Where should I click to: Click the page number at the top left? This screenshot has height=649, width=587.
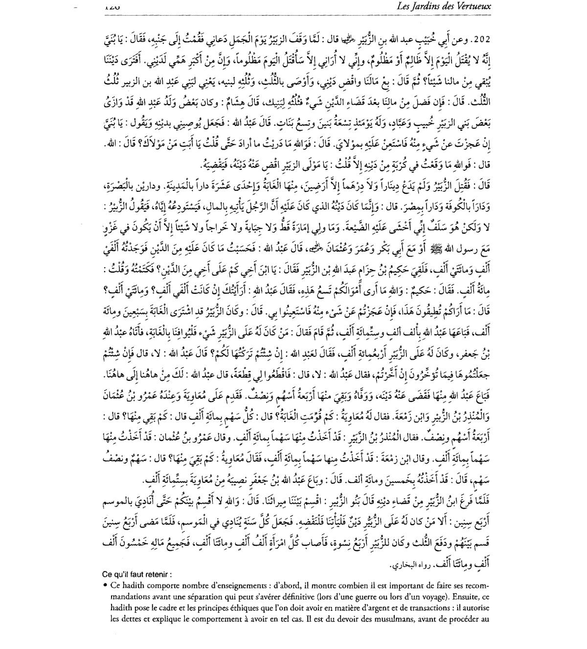112,6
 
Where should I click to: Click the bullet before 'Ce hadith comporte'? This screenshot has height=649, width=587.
105,585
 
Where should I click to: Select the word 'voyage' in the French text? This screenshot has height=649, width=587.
425,597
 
